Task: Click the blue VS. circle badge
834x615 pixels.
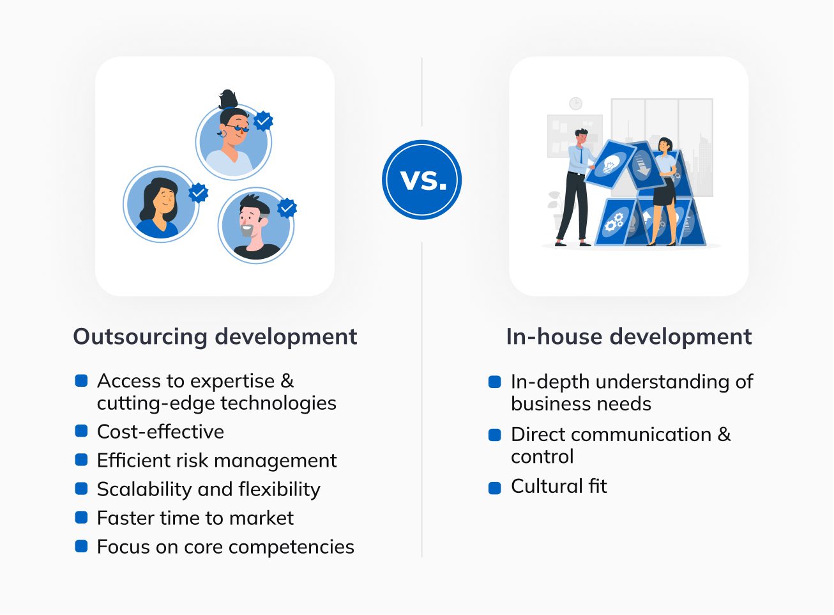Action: [x=421, y=180]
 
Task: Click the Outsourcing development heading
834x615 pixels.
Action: [x=215, y=337]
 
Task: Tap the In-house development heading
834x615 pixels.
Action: [x=628, y=337]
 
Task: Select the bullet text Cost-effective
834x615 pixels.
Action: [x=160, y=432]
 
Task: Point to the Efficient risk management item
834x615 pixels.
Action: [x=216, y=461]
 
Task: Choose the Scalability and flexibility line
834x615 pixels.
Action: [x=208, y=490]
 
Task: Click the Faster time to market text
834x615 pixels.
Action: [x=195, y=518]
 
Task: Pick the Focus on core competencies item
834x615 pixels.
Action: [x=225, y=547]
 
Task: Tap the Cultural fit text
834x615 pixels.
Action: [x=559, y=487]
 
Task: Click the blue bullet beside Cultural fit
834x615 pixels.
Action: [x=495, y=488]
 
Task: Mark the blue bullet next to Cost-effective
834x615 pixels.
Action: [x=81, y=432]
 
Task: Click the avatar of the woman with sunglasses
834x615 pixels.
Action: [x=233, y=142]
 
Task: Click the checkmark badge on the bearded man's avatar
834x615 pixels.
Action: [x=287, y=208]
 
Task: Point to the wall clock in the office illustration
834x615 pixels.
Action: [x=575, y=104]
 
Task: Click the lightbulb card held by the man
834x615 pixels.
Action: [x=611, y=164]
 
